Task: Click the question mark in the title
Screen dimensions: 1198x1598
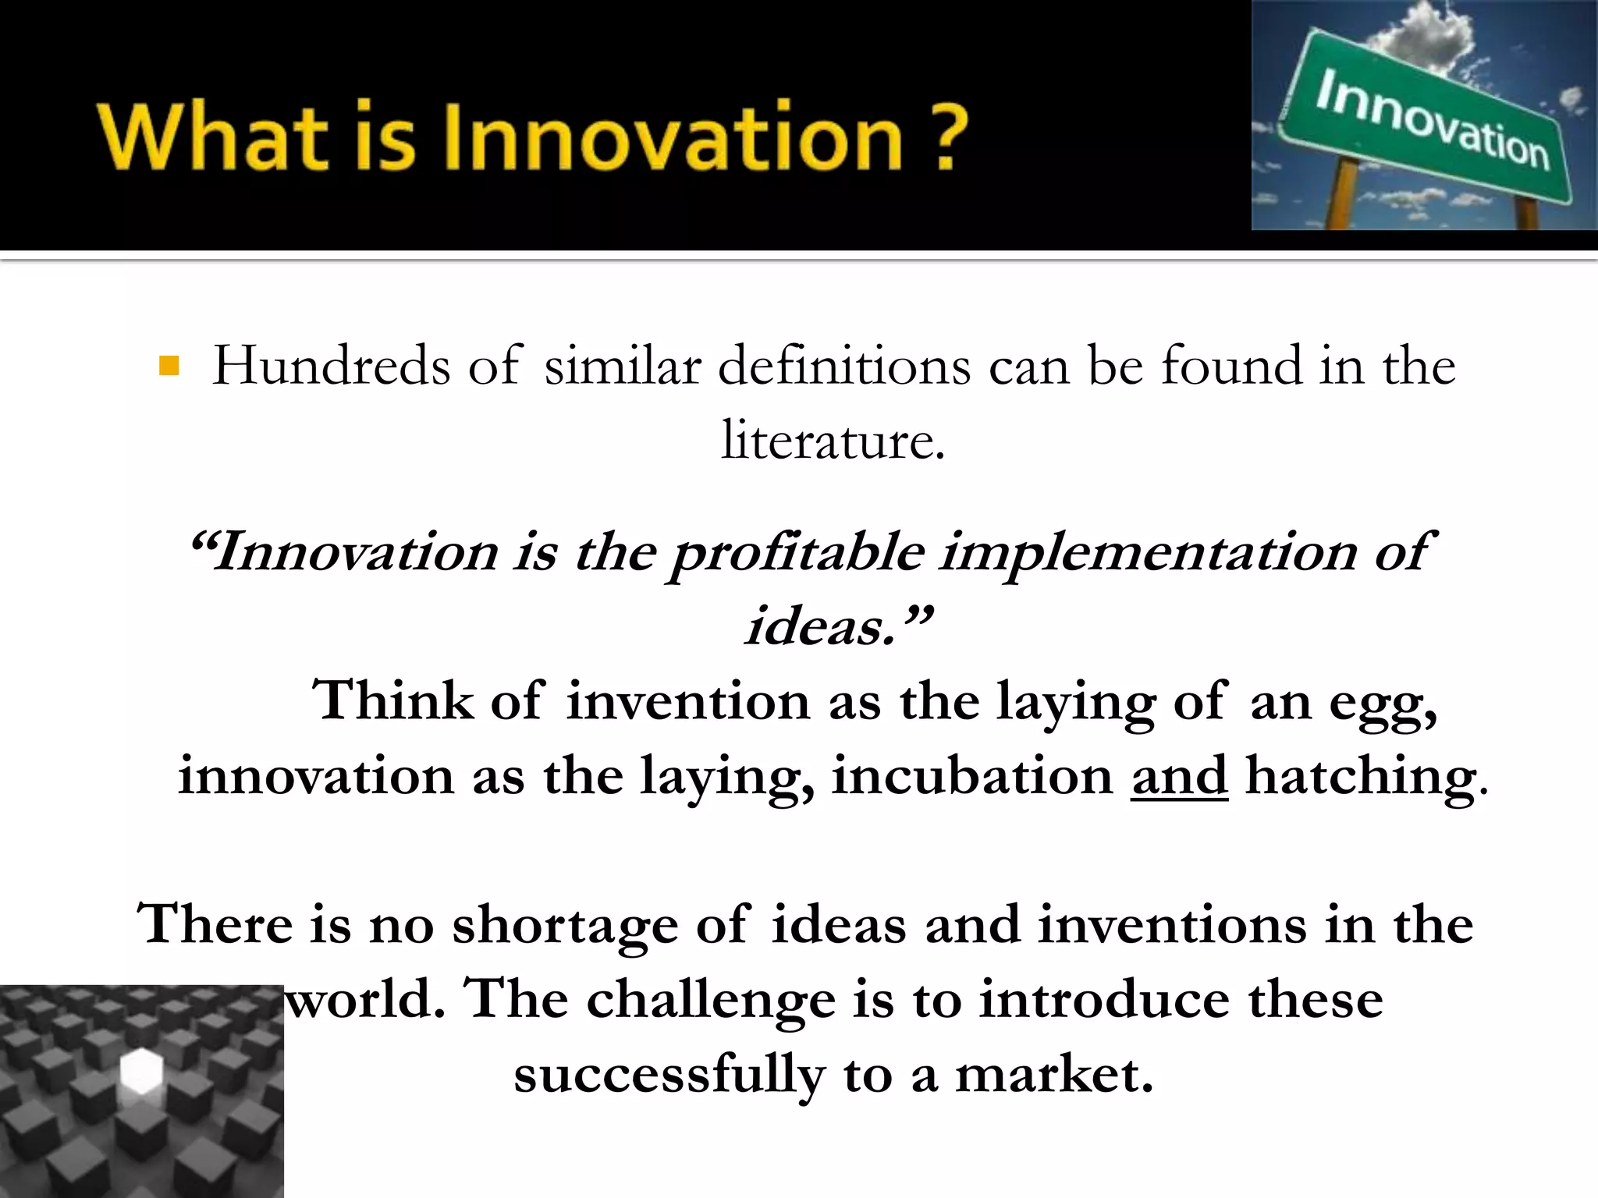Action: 950,136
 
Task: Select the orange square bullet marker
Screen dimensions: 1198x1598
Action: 169,366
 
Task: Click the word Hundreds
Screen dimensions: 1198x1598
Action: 331,366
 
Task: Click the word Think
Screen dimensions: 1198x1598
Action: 392,700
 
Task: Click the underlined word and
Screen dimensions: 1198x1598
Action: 1179,775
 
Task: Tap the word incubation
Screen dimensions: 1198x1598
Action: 972,775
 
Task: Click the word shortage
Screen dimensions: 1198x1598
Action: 564,926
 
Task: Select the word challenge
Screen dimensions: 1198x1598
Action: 710,1001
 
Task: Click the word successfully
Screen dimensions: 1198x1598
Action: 669,1076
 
